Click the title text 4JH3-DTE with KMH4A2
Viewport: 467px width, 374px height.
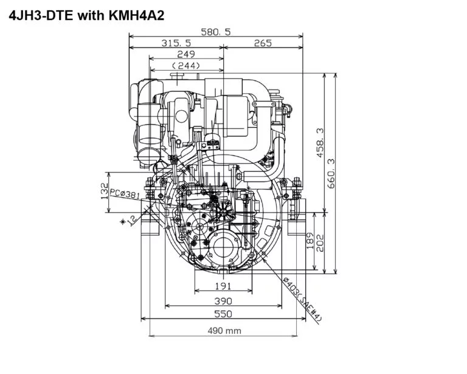(87, 16)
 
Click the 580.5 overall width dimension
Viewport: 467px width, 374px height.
(216, 32)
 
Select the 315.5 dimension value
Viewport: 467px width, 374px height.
(176, 43)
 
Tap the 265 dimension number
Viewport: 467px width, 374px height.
(263, 43)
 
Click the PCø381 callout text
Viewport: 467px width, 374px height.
(125, 194)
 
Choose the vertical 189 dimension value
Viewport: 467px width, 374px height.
(310, 241)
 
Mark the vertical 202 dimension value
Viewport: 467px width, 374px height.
(320, 241)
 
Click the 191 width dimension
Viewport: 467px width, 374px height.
(223, 286)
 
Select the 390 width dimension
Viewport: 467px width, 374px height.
(223, 300)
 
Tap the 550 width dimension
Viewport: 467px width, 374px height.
(223, 314)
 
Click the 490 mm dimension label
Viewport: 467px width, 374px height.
(223, 331)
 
